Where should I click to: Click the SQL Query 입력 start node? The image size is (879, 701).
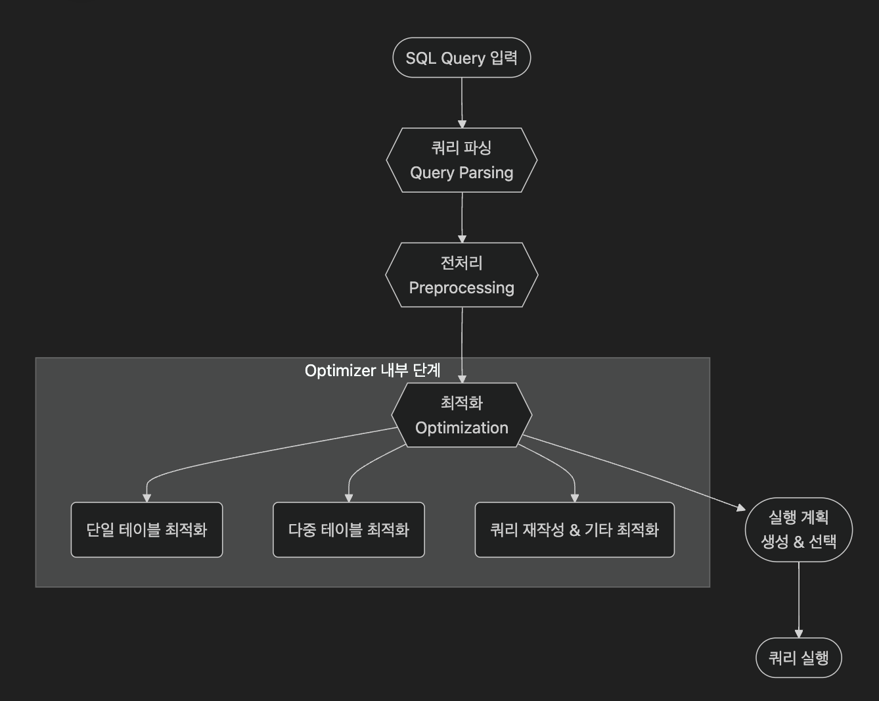point(461,58)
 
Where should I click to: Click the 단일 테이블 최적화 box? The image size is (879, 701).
point(146,530)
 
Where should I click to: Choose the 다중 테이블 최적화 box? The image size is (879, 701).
point(349,530)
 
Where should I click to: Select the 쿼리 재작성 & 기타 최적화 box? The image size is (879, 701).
point(574,530)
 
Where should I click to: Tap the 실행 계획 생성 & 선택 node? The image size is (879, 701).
point(799,529)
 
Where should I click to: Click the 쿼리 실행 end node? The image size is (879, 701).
point(799,658)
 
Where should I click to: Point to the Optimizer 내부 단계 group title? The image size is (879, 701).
point(372,371)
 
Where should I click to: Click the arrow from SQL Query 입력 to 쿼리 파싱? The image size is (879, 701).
point(462,102)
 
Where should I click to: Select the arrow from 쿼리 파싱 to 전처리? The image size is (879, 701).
point(462,217)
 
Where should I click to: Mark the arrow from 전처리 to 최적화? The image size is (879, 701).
point(462,342)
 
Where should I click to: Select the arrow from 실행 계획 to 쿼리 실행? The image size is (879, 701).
point(799,598)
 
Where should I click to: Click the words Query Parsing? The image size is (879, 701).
point(461,173)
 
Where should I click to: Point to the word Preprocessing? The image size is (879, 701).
point(461,288)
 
